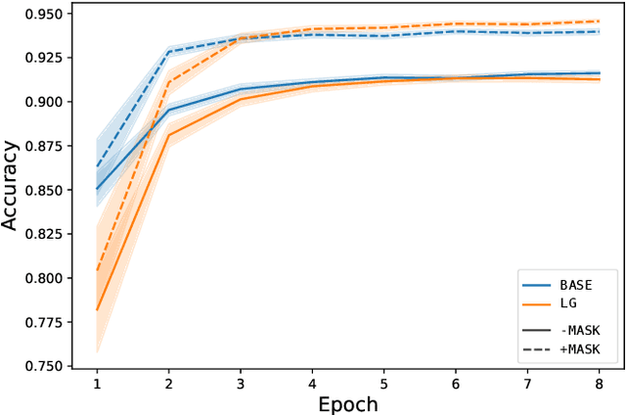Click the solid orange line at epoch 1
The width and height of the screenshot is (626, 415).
[x=96, y=309]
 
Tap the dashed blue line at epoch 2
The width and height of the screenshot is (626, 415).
[x=168, y=52]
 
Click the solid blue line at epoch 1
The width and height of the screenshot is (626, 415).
[x=96, y=189]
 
